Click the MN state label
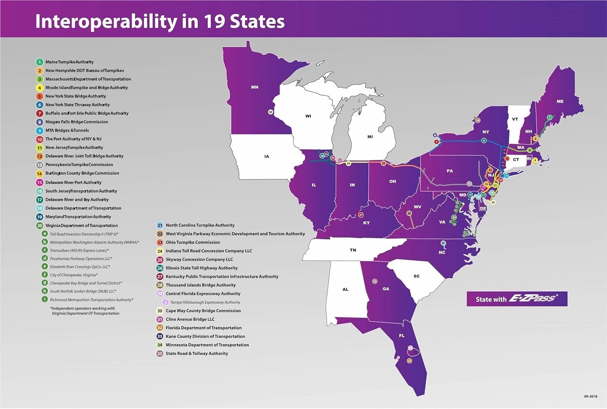pyautogui.click(x=255, y=87)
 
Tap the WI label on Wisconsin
pyautogui.click(x=308, y=116)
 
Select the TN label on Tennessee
pyautogui.click(x=353, y=250)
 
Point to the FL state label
pyautogui.click(x=401, y=336)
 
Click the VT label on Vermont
pyautogui.click(x=515, y=119)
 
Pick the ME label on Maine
pyautogui.click(x=560, y=101)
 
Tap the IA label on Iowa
pyautogui.click(x=266, y=156)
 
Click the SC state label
pyautogui.click(x=416, y=276)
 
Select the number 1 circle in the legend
pyautogui.click(x=39, y=62)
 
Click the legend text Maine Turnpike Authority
pyautogui.click(x=69, y=62)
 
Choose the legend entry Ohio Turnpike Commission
pyautogui.click(x=193, y=242)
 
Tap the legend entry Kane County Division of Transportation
pyautogui.click(x=205, y=336)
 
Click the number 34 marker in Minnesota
pyautogui.click(x=271, y=112)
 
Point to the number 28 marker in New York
pyautogui.click(x=478, y=120)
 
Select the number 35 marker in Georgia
pyautogui.click(x=375, y=281)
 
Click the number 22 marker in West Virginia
pyautogui.click(x=409, y=213)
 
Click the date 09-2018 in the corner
pyautogui.click(x=590, y=396)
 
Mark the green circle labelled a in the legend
pyautogui.click(x=45, y=234)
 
